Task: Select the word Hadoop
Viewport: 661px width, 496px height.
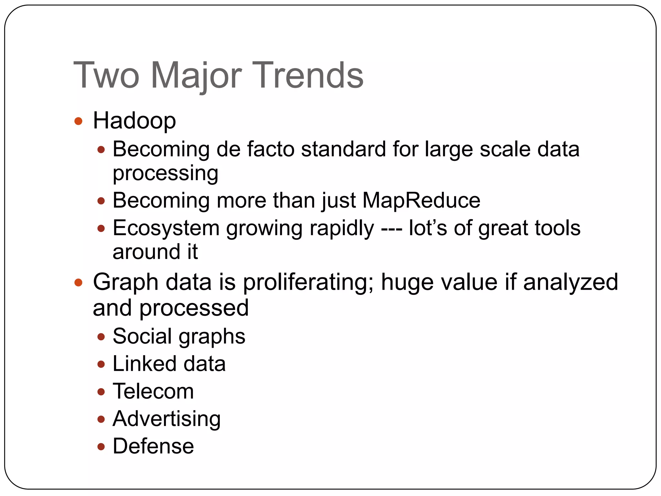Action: [134, 121]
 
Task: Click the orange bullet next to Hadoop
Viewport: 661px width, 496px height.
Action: [78, 121]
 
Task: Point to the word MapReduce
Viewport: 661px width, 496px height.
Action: [421, 200]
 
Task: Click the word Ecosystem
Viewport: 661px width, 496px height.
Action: [166, 228]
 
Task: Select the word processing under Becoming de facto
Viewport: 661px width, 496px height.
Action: [165, 173]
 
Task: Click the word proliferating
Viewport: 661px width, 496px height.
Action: [308, 282]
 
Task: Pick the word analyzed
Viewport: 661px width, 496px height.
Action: [570, 282]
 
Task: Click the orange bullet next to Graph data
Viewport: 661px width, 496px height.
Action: [78, 283]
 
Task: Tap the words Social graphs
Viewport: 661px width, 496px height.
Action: [179, 336]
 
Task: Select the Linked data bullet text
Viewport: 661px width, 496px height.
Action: [169, 364]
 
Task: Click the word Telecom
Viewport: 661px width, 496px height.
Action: [153, 391]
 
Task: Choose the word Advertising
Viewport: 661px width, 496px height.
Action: [167, 418]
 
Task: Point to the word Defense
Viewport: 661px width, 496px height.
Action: [153, 446]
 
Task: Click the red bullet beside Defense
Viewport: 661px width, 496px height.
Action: [101, 447]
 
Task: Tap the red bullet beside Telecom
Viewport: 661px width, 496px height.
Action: [101, 392]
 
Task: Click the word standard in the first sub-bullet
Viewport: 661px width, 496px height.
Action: [343, 149]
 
